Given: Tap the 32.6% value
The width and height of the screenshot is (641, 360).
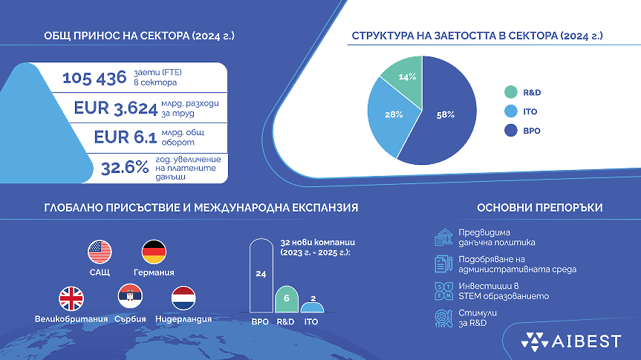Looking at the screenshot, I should click(125, 168).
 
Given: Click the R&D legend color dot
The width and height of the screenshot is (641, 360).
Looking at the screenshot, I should click(510, 93).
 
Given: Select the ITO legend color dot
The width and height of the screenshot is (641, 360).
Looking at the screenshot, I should click(510, 112).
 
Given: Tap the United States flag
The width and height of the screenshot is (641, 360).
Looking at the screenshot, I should click(99, 252).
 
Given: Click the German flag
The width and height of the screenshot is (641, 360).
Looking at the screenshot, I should click(154, 252).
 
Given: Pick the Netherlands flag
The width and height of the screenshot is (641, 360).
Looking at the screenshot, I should click(183, 299).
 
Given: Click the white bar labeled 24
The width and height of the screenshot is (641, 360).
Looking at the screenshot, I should click(261, 275).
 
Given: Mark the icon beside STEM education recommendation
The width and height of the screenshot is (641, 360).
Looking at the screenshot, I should click(443, 291).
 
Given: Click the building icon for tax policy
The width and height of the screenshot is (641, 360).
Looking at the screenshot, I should click(443, 237).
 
